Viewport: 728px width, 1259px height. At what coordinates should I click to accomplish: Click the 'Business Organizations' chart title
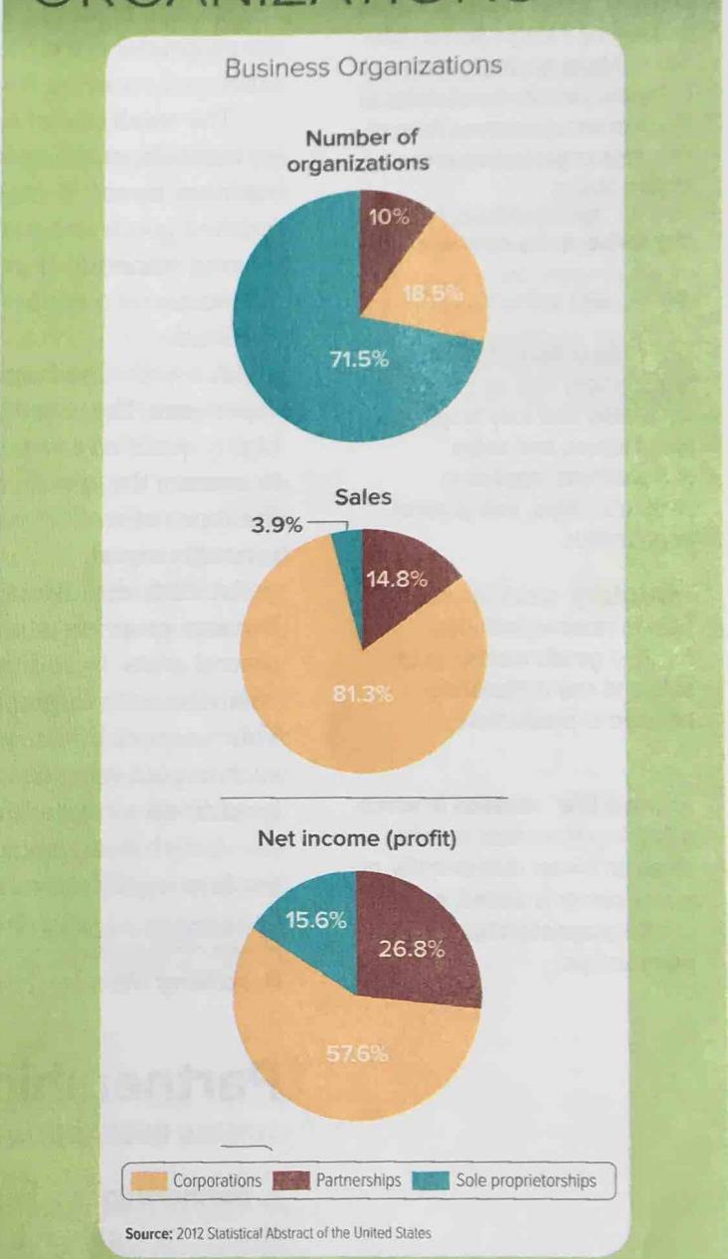point(363,68)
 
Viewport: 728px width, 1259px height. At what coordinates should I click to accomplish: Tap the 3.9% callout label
point(277,524)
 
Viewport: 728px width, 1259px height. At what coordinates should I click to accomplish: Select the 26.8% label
point(412,948)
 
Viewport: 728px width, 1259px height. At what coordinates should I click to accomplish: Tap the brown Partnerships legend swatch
point(291,1181)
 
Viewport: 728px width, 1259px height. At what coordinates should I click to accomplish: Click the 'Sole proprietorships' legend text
point(526,1181)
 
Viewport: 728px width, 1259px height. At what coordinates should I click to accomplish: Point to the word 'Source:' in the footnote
point(150,1233)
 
